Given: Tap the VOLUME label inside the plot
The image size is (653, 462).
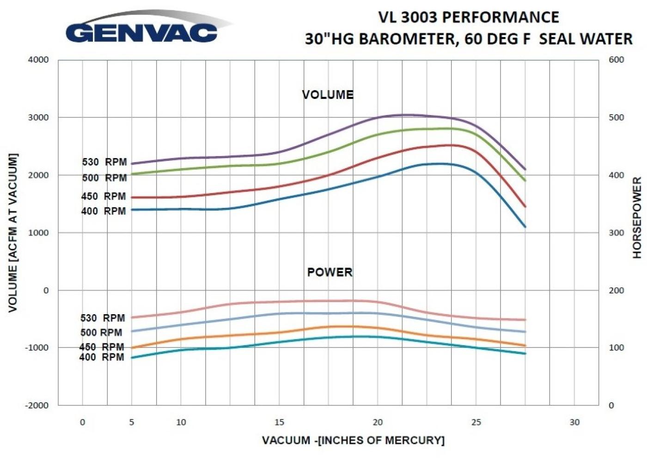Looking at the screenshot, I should pos(328,95).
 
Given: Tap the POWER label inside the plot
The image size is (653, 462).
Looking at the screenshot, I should pos(330,272).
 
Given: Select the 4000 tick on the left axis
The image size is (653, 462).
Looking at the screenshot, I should pos(39,60).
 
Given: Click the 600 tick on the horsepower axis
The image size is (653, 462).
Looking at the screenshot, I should pos(616,60).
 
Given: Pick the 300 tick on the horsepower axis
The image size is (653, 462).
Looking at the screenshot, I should pos(616,233).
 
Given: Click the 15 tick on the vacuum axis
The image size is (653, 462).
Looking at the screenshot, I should pos(279,422).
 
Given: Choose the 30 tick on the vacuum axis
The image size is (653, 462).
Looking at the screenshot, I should pos(574,422).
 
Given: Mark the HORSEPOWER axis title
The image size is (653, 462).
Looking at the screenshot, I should pos(637,218).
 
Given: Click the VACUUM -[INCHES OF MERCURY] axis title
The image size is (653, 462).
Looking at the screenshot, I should pos(353,440).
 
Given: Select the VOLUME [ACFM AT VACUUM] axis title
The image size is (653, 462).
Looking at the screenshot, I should pos(13,232).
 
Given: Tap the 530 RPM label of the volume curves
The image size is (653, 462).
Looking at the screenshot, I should pos(104,162).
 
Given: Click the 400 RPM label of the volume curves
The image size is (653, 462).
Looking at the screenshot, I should pos(104,211).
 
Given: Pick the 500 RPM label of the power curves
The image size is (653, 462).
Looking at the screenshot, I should pos(101,333).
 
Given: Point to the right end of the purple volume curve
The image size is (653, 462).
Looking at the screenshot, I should pos(525,170).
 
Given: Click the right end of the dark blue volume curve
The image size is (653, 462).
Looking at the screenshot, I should pos(525,227).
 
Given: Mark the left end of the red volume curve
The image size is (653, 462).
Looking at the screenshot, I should pos(132,197).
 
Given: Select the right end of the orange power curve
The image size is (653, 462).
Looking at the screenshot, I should pos(525,346).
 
